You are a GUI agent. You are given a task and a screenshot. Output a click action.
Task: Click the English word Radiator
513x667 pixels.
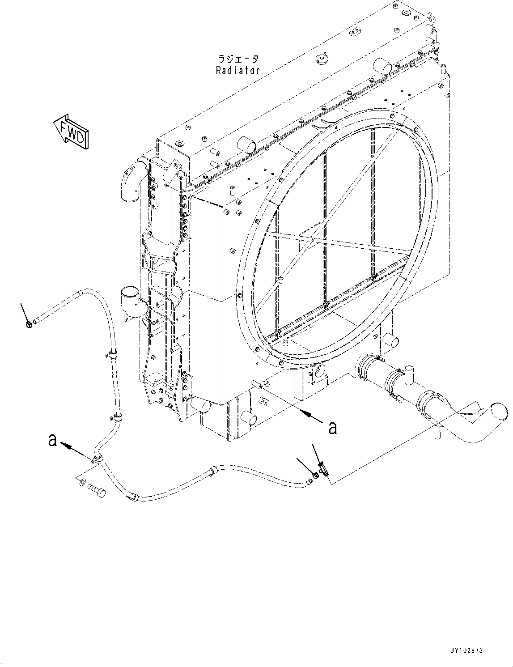[x=237, y=70]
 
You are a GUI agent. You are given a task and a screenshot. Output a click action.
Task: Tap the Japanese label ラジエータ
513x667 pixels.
[x=237, y=59]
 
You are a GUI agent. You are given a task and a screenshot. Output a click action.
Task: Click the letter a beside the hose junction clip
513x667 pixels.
[x=53, y=441]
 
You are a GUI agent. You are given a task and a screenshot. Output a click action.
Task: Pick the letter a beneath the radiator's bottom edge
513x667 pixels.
[x=332, y=428]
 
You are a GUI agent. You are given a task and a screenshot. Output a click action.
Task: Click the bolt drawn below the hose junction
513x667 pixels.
[x=97, y=492]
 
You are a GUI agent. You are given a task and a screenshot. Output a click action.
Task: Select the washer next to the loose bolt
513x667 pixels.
[x=82, y=482]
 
